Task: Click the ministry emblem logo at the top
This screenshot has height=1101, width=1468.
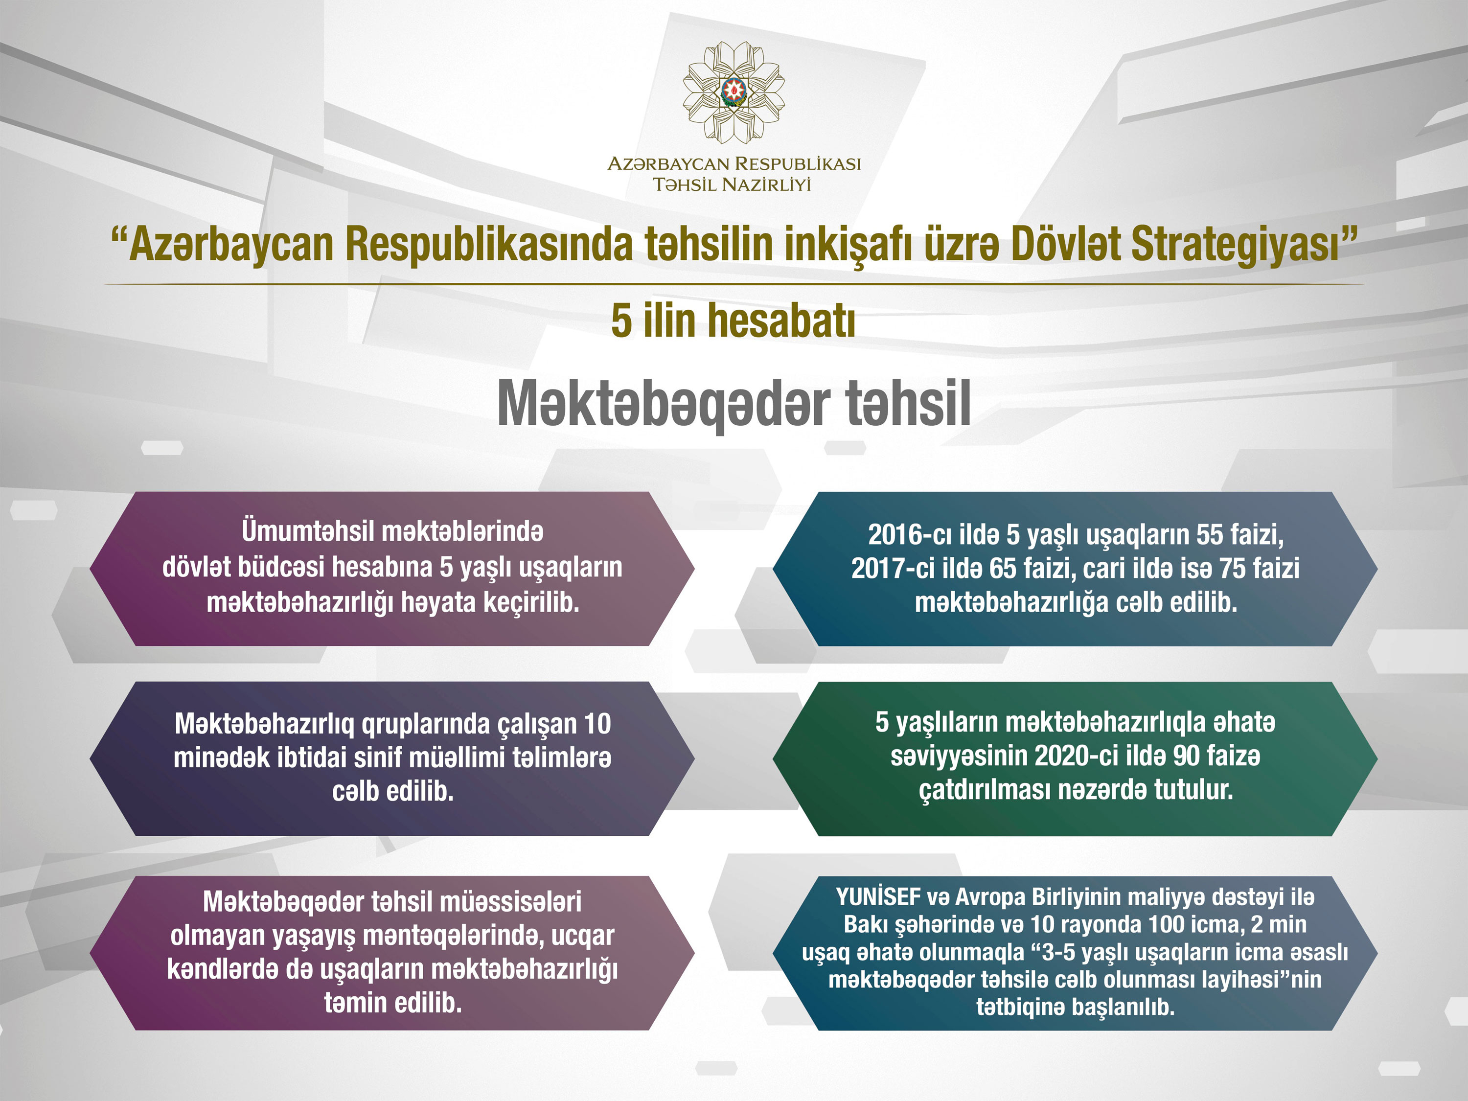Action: (734, 92)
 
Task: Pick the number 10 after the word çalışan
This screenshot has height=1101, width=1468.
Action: (597, 724)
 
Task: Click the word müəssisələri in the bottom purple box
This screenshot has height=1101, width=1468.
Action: (510, 902)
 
